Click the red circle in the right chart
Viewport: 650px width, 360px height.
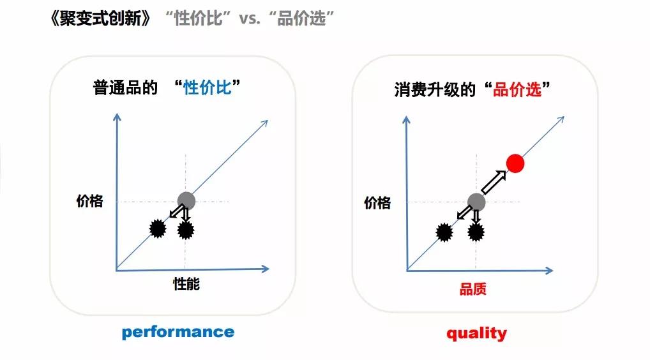[x=515, y=163]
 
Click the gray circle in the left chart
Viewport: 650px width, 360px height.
[x=186, y=200]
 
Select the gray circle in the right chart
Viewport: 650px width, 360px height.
[x=476, y=202]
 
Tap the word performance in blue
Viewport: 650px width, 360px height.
[x=178, y=332]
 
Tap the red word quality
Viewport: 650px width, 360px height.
[x=476, y=333]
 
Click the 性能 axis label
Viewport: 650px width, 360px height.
[x=186, y=283]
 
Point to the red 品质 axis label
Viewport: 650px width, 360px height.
[x=473, y=289]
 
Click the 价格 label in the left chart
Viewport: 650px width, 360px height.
[x=89, y=201]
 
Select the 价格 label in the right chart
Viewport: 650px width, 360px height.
[x=377, y=203]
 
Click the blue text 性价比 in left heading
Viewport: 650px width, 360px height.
[x=208, y=88]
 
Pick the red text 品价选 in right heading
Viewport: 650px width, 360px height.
[x=517, y=90]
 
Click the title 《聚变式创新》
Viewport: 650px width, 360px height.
[x=102, y=19]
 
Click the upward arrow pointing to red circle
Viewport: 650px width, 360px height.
[x=493, y=183]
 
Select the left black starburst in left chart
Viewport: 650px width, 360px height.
[x=156, y=227]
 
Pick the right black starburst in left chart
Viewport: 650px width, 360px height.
[x=186, y=230]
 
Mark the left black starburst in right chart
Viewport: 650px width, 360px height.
[x=445, y=231]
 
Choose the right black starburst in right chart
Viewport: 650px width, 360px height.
[x=476, y=232]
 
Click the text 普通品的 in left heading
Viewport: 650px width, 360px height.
[x=125, y=88]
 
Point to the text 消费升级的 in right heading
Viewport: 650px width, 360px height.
[x=435, y=90]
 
